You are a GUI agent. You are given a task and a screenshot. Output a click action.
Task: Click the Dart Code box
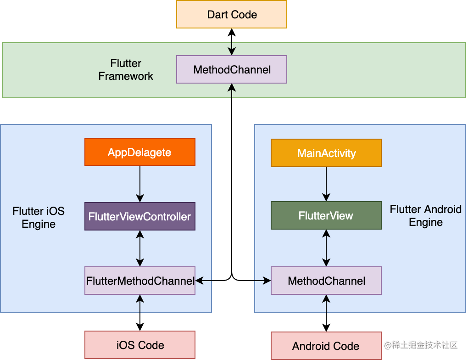click(x=232, y=14)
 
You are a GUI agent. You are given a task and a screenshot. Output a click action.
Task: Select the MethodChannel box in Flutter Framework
click(x=232, y=70)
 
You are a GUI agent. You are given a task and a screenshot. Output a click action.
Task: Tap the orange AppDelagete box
click(x=140, y=152)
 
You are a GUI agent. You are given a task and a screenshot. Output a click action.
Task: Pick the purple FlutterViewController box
click(x=140, y=216)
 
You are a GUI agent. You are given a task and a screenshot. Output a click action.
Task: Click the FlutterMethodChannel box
click(x=140, y=281)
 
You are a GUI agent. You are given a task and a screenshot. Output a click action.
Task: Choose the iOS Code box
click(x=140, y=345)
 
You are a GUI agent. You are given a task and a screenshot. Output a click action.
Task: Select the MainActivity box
click(x=326, y=153)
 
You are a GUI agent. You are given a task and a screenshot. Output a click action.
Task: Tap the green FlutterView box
click(x=326, y=215)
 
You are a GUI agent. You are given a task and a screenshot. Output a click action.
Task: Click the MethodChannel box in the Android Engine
click(x=326, y=281)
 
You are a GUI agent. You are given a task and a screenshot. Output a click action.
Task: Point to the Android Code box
click(x=326, y=346)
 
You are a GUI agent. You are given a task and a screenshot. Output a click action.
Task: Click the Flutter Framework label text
click(x=126, y=70)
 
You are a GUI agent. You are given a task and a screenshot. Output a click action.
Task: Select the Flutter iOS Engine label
click(x=39, y=218)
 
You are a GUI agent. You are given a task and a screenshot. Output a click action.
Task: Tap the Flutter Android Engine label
click(x=425, y=216)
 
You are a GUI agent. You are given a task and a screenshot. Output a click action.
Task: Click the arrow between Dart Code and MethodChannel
click(x=232, y=42)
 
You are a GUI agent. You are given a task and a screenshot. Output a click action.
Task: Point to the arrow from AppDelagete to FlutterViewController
click(x=140, y=184)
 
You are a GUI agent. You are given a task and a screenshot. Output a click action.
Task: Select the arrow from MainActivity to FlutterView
click(x=326, y=184)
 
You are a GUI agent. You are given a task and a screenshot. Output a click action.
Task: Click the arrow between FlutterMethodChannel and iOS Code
click(x=140, y=312)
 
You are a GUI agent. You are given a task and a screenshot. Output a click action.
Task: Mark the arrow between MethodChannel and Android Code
click(x=326, y=313)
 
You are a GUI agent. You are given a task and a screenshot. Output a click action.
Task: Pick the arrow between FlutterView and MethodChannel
click(x=326, y=248)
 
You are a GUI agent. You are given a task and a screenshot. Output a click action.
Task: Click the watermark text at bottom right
click(x=421, y=345)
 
